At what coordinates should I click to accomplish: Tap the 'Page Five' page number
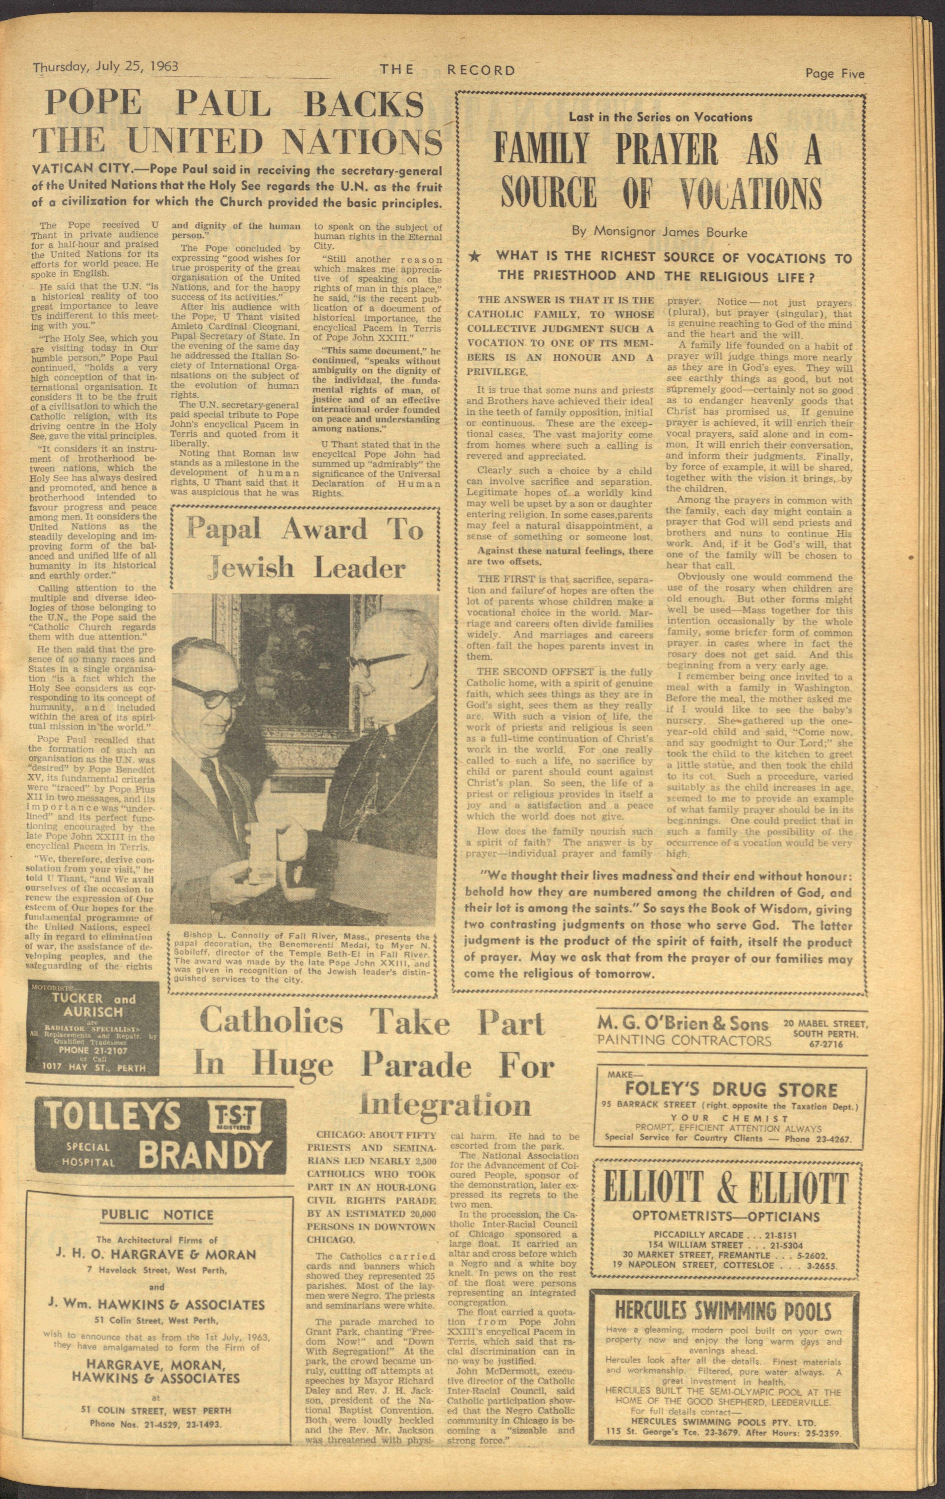tap(835, 73)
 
